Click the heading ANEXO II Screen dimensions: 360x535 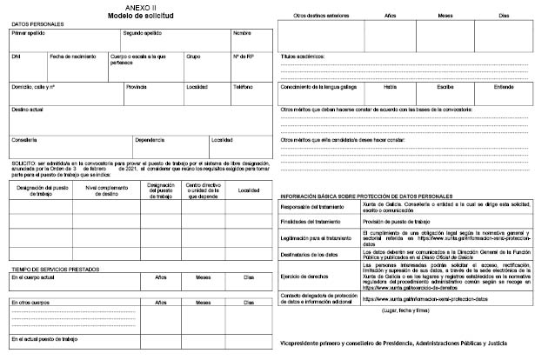[x=139, y=7]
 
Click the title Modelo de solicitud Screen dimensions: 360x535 [x=139, y=16]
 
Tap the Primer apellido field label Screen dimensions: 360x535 [x=29, y=33]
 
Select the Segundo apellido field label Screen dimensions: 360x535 [x=143, y=33]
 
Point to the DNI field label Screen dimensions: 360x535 [x=16, y=57]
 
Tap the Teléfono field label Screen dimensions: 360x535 [x=243, y=87]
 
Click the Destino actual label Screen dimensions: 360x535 [x=28, y=110]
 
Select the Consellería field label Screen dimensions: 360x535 [x=24, y=140]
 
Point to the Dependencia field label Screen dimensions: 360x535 [x=150, y=140]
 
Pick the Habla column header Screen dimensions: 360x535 [x=389, y=87]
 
